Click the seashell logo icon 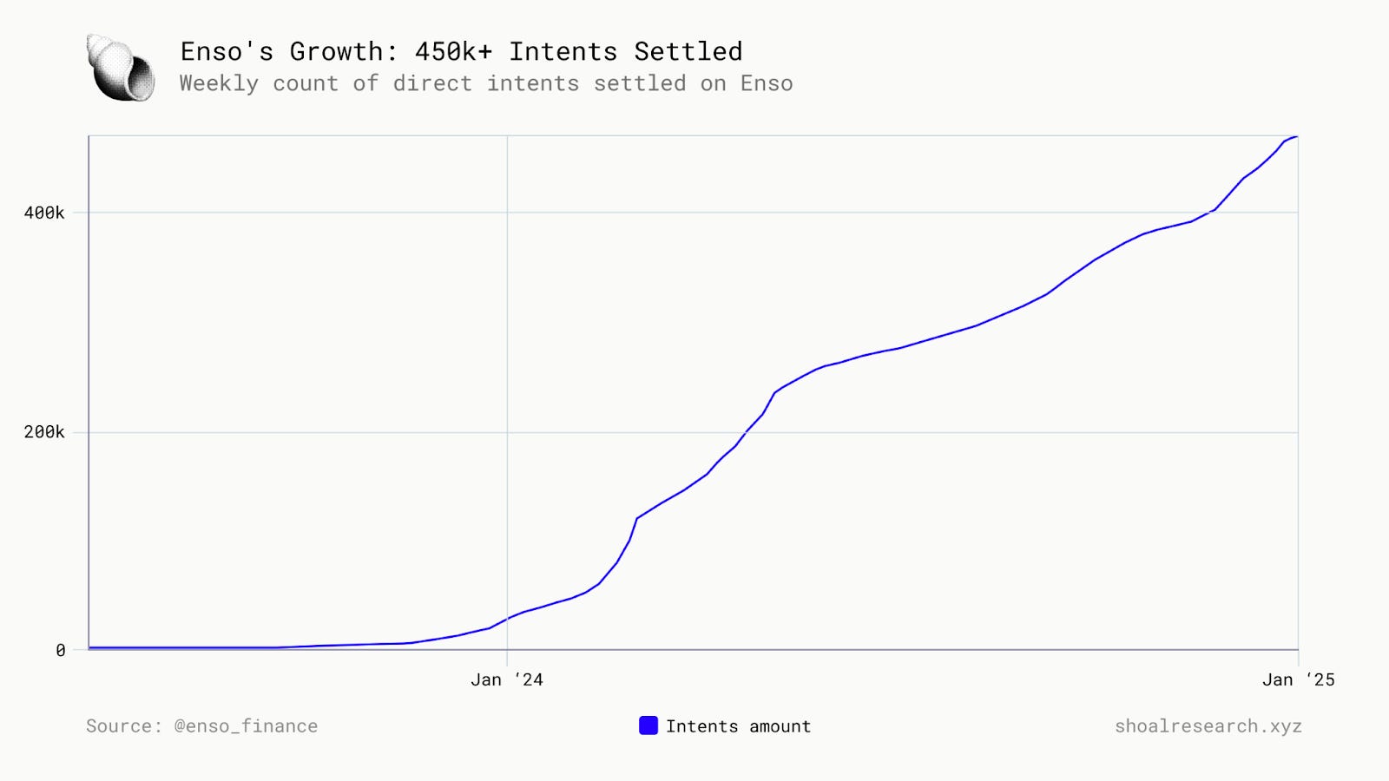[121, 68]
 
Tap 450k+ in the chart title [453, 52]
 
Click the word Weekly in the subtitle [219, 83]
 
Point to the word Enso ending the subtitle [766, 83]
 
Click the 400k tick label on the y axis [43, 213]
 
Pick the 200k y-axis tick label [43, 432]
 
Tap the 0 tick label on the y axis [60, 650]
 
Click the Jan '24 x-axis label [507, 679]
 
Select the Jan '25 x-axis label [1298, 679]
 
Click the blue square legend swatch [648, 725]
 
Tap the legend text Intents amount [738, 726]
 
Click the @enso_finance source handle [246, 726]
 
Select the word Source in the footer [122, 726]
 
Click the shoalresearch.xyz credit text [1208, 726]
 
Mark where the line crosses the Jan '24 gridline [507, 619]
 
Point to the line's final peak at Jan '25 [1296, 136]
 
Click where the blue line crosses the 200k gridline [746, 432]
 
